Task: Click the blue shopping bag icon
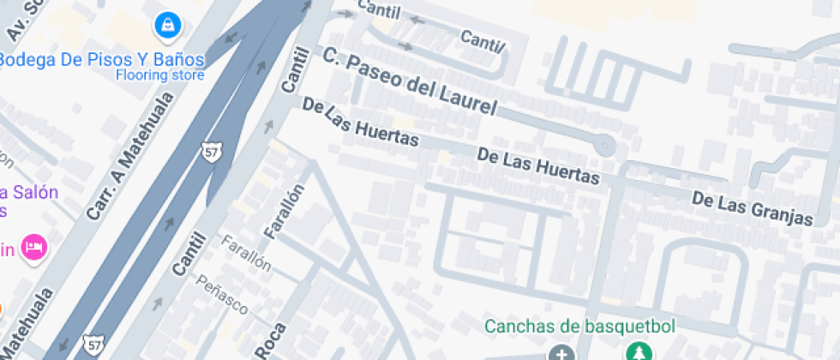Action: click(x=167, y=25)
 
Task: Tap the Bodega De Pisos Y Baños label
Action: click(x=101, y=59)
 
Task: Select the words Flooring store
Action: click(x=160, y=75)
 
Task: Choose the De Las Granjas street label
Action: click(x=752, y=208)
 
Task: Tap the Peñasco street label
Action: click(x=222, y=294)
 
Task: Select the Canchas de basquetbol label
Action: click(x=580, y=326)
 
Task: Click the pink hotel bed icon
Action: click(x=34, y=248)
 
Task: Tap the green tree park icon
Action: click(x=638, y=351)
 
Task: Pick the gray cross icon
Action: click(x=561, y=353)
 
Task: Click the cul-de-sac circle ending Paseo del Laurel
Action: click(x=605, y=144)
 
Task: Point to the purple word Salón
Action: click(x=34, y=191)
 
